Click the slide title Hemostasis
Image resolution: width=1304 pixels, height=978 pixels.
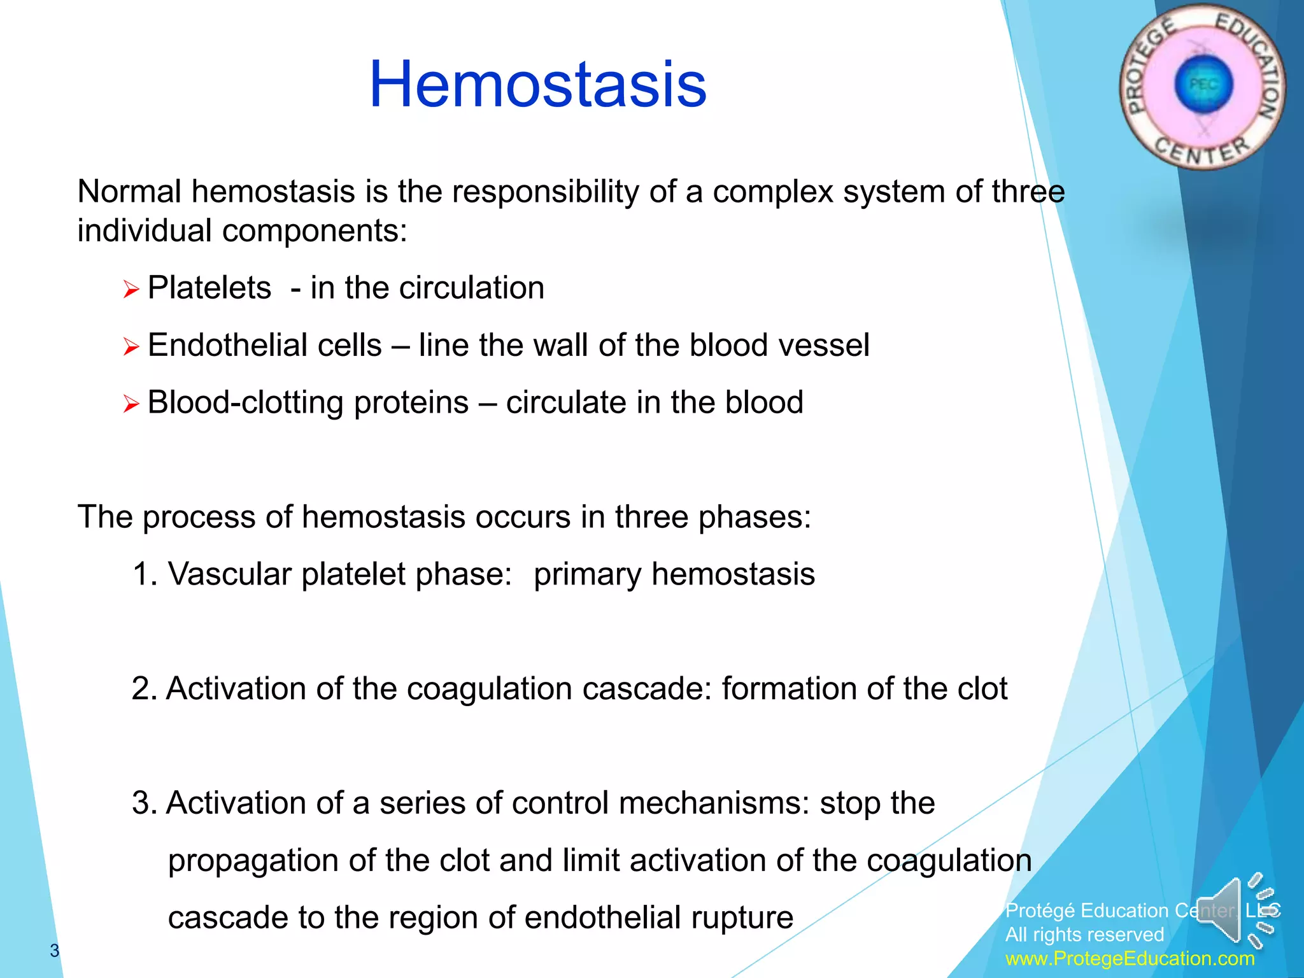tap(537, 84)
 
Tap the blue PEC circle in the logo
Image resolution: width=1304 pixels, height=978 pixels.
tap(1203, 85)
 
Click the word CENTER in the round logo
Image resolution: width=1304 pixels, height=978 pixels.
tap(1202, 152)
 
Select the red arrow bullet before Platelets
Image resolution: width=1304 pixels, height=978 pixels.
tap(131, 290)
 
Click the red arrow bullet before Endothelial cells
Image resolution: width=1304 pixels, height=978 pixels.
tap(131, 347)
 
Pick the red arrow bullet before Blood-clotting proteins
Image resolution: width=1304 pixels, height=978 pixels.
tap(131, 404)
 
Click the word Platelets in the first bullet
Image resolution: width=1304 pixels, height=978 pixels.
tap(209, 288)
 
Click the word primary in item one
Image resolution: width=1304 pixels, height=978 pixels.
tap(586, 574)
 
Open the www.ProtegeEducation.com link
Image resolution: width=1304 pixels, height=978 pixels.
tap(1130, 959)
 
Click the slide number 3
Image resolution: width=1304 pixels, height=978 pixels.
tap(55, 951)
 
